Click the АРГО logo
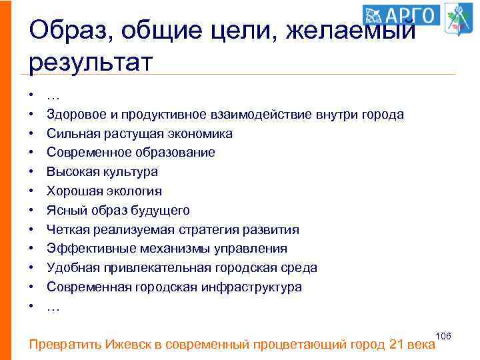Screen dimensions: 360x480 402,15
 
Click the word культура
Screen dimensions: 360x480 130,172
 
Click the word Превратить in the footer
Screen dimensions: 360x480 65,345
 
